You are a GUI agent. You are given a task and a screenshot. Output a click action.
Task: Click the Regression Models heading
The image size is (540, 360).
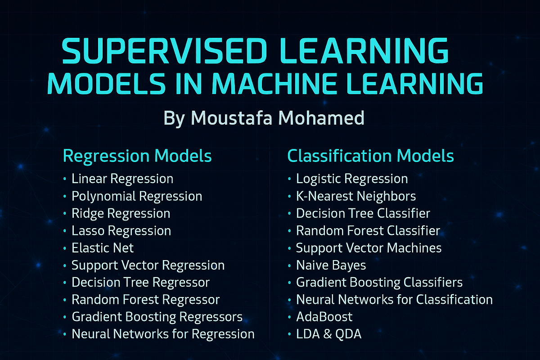(137, 156)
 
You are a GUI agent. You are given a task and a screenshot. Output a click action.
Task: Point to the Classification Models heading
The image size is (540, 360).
(370, 156)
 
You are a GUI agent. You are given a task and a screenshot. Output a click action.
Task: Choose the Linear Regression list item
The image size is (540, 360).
(122, 179)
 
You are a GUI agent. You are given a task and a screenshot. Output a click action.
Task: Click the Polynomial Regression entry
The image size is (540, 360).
(137, 196)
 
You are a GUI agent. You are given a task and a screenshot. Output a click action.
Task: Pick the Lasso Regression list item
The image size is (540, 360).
(121, 231)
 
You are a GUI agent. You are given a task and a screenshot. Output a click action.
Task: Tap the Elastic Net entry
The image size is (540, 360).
(103, 248)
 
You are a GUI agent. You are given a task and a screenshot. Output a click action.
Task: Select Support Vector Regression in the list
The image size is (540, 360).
(148, 265)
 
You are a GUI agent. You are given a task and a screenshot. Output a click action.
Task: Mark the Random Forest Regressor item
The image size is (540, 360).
(145, 299)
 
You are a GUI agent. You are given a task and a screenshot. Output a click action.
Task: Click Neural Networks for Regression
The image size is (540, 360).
(163, 334)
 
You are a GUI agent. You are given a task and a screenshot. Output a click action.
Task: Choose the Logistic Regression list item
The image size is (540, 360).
(352, 179)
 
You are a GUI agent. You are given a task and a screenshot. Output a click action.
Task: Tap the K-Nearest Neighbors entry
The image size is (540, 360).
(356, 196)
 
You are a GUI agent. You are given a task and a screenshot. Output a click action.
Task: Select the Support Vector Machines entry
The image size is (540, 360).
(369, 248)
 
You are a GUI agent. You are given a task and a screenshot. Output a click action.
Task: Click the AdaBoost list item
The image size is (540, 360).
(324, 316)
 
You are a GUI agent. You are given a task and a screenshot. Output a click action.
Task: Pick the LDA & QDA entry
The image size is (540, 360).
(328, 334)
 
